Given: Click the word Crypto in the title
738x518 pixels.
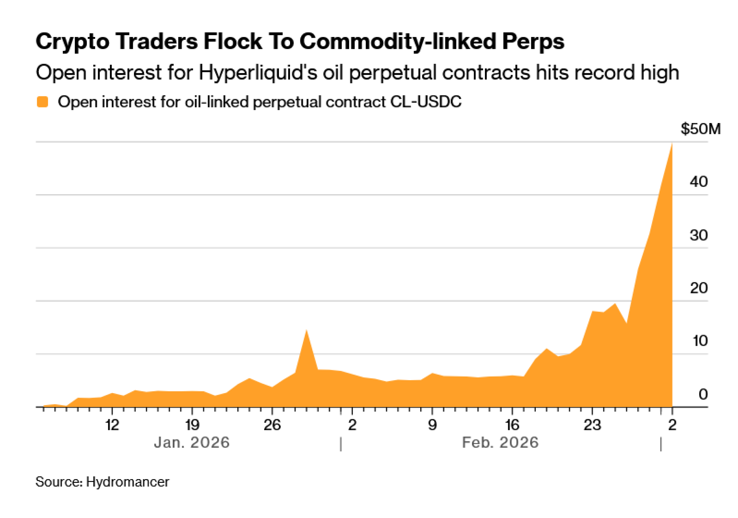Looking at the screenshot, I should (x=73, y=41).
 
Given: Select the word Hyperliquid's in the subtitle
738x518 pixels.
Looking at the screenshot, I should (x=258, y=72).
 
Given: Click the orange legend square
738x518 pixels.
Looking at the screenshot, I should (x=43, y=102).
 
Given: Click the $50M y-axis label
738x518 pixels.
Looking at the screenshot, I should (x=700, y=129).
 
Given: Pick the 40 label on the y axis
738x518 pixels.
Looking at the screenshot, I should (x=699, y=182).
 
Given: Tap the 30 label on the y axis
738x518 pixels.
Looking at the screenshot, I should (x=699, y=235).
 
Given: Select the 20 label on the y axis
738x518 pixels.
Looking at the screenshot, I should (x=699, y=288).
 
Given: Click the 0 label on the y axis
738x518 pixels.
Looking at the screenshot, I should (x=703, y=395).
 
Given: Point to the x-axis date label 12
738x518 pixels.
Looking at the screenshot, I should (x=112, y=425).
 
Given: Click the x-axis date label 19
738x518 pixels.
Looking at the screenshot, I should (x=192, y=425).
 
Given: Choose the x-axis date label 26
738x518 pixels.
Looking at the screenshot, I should (x=272, y=425).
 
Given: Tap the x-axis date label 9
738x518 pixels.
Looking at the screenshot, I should (x=432, y=425).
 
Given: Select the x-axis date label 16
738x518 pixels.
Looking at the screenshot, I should (x=512, y=425).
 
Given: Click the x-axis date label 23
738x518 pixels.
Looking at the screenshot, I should (x=592, y=425).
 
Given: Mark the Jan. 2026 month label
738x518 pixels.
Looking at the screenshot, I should (x=192, y=443).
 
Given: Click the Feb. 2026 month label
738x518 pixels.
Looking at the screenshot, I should (x=500, y=443).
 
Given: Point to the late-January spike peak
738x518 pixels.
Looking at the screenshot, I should (x=306, y=330).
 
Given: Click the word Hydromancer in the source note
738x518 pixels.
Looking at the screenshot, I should (x=127, y=482).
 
